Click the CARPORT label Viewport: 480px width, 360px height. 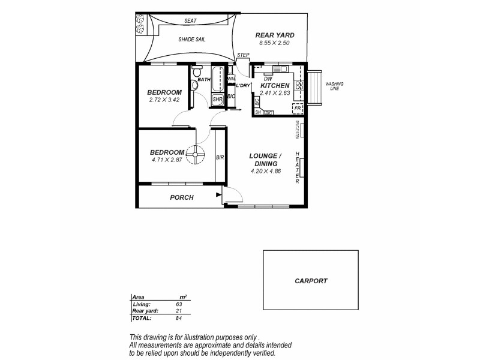[311, 280]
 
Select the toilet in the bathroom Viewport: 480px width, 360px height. [194, 85]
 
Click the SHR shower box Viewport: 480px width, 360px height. [217, 100]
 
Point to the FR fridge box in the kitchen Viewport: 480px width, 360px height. [298, 108]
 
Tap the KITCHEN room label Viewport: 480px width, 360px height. [275, 86]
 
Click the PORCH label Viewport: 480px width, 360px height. [181, 197]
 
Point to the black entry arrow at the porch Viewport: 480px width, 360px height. [218, 194]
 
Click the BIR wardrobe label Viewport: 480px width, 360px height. [220, 157]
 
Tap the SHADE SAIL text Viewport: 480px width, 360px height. [192, 40]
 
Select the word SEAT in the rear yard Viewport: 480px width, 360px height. [191, 21]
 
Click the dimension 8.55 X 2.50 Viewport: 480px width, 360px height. [274, 43]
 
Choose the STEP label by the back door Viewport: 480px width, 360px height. [243, 55]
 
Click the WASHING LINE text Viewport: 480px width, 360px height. [334, 87]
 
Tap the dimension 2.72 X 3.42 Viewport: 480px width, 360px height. [164, 100]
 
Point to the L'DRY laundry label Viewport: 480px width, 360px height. [242, 86]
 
